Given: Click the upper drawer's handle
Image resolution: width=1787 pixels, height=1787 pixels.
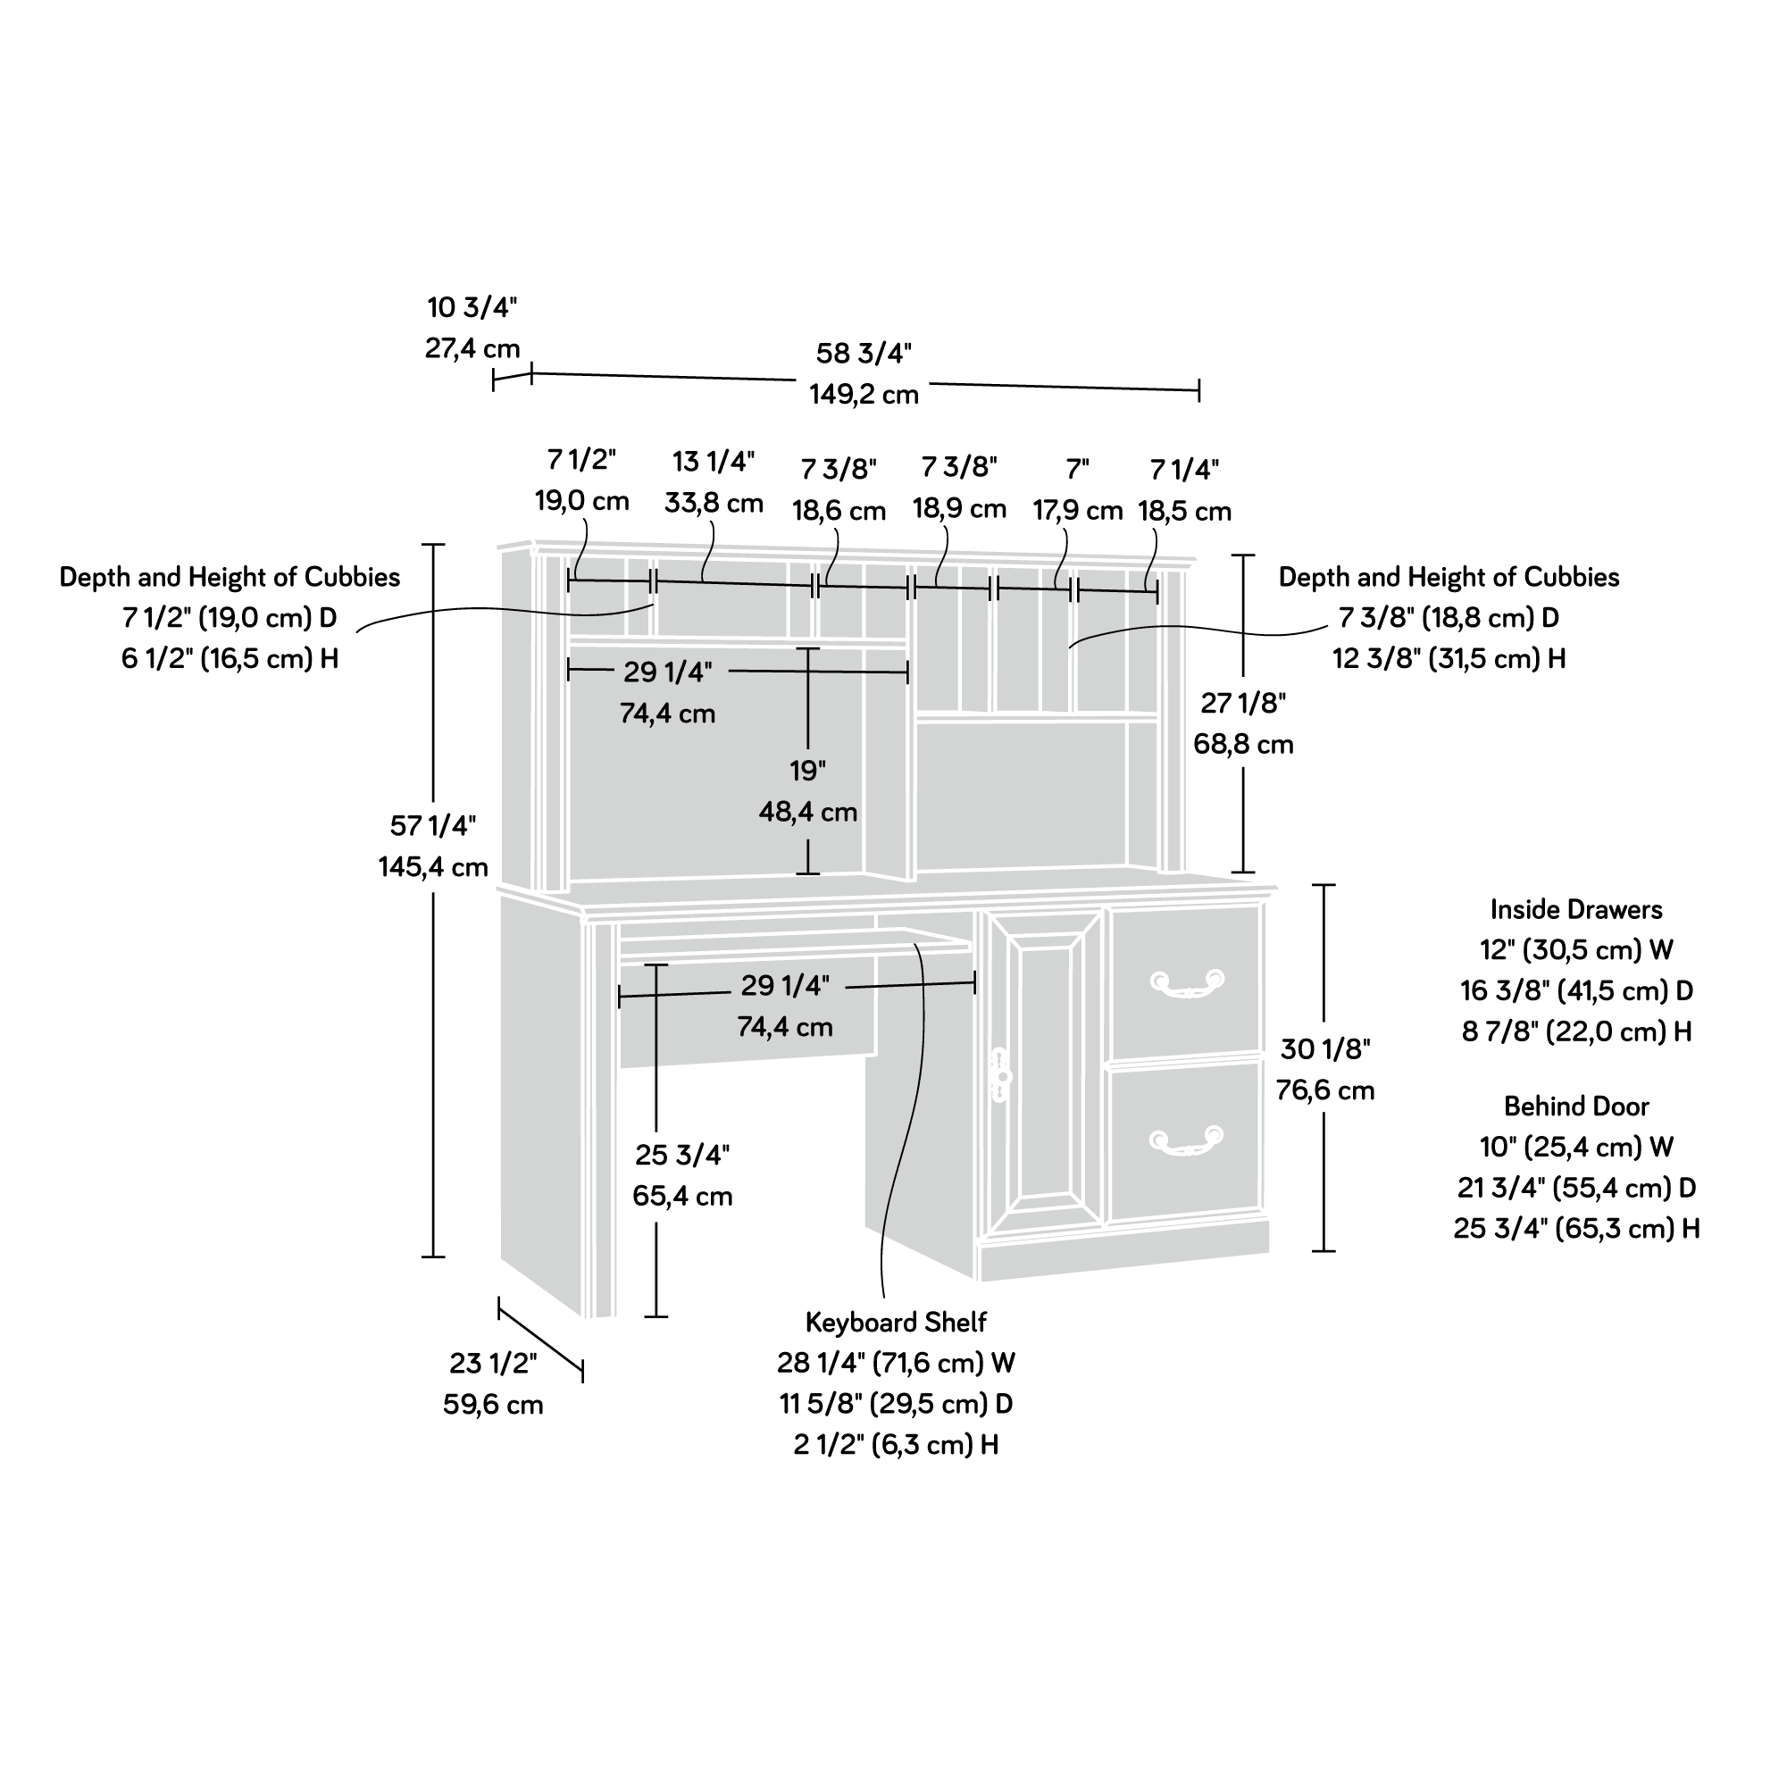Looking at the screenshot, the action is [x=1187, y=983].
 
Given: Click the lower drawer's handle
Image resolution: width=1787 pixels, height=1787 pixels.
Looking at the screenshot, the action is [x=1187, y=1140].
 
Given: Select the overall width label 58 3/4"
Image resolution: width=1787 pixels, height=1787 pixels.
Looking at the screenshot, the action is [x=864, y=354].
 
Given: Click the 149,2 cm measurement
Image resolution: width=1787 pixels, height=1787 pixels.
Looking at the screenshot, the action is [x=864, y=395].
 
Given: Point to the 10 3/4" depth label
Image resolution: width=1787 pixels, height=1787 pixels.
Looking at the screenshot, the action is [x=472, y=307].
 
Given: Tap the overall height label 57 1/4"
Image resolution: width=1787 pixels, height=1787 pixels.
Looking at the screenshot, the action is [x=433, y=825].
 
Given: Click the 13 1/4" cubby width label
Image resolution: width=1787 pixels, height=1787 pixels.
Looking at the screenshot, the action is [x=714, y=462].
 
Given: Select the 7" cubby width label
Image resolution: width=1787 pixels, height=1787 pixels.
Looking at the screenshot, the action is [x=1078, y=469].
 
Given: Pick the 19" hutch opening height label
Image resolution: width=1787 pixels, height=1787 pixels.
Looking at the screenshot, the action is [x=807, y=771].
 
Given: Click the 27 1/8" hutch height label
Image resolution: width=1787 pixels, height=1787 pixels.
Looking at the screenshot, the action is [x=1243, y=703].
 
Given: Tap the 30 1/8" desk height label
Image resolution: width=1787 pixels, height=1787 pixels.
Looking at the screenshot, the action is [x=1324, y=1048].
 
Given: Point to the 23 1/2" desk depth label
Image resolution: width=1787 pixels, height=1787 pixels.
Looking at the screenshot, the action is [x=493, y=1364].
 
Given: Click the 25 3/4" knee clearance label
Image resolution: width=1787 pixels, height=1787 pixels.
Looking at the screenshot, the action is [x=682, y=1156].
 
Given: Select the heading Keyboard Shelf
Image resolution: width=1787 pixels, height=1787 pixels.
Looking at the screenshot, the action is [x=897, y=1323].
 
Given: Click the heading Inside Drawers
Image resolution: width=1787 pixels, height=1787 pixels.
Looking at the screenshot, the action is [x=1576, y=909].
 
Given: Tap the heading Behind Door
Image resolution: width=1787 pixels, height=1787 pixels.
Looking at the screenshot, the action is [x=1576, y=1106].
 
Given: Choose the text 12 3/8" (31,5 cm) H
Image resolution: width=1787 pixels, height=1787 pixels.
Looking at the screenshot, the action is [x=1449, y=658].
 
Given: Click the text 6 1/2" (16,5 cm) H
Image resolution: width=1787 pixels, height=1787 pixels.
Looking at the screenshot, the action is [x=230, y=658].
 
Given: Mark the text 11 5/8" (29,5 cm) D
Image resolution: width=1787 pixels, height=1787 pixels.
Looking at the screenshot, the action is [x=897, y=1404].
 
